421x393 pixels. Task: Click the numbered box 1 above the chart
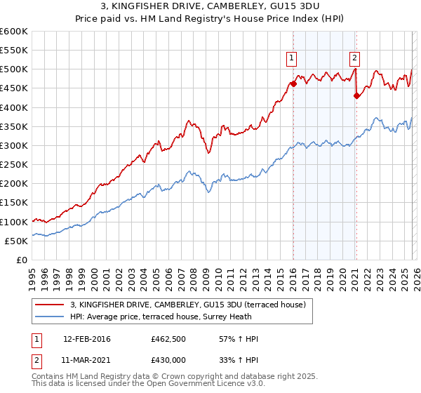point(291,58)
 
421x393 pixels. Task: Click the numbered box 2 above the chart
point(355,58)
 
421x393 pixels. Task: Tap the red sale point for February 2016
point(293,84)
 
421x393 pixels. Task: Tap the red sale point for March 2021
point(356,96)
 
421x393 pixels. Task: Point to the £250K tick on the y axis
point(13,165)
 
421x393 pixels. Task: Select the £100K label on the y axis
point(13,222)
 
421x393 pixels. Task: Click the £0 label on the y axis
point(22,260)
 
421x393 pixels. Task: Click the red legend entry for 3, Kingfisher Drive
point(187,305)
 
